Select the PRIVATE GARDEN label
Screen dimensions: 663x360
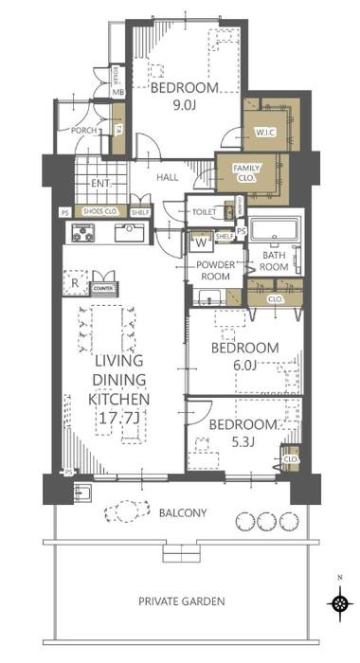point(181,600)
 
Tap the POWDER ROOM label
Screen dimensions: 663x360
point(216,272)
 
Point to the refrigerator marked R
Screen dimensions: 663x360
point(73,280)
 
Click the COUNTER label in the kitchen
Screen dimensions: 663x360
point(102,286)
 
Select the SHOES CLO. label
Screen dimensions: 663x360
point(100,212)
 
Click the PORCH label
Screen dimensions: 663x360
point(72,131)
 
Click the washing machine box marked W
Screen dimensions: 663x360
point(202,242)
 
